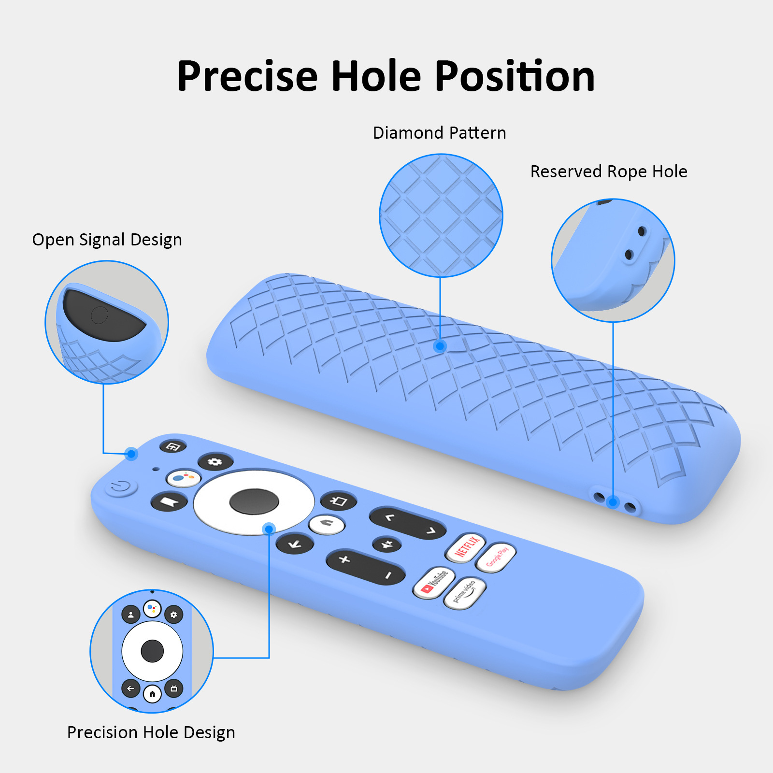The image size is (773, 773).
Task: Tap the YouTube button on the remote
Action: pyautogui.click(x=433, y=582)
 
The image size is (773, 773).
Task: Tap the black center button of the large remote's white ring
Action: pyautogui.click(x=254, y=501)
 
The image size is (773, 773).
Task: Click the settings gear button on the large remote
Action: pyautogui.click(x=215, y=462)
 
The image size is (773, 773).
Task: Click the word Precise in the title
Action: pyautogui.click(x=247, y=76)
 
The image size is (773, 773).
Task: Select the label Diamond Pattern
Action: pyautogui.click(x=439, y=133)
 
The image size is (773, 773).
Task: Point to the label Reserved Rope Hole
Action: pyautogui.click(x=608, y=172)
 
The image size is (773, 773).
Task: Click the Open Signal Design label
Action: pyautogui.click(x=107, y=240)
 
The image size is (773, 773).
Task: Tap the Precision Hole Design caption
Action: pyautogui.click(x=151, y=732)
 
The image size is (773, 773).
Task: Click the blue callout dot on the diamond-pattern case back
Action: pyautogui.click(x=440, y=346)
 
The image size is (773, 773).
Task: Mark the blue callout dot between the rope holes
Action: pyautogui.click(x=613, y=502)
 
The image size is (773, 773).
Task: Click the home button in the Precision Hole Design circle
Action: pyautogui.click(x=152, y=694)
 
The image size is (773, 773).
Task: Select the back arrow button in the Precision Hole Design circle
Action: pyautogui.click(x=130, y=688)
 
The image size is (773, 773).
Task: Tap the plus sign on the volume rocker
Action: pyautogui.click(x=344, y=559)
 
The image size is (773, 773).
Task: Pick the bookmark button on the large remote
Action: pyautogui.click(x=169, y=502)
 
